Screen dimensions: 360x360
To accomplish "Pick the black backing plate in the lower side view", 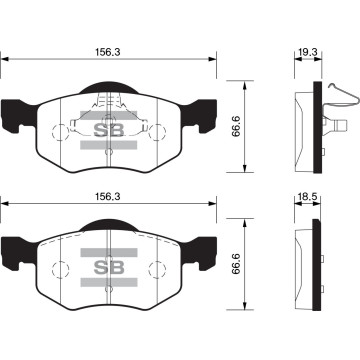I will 319,262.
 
